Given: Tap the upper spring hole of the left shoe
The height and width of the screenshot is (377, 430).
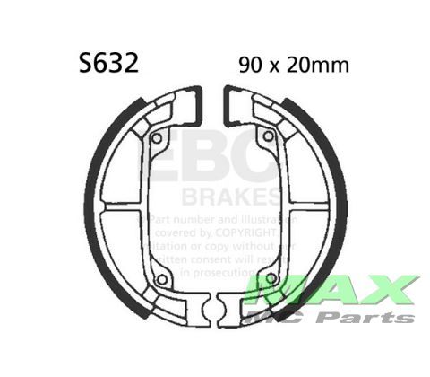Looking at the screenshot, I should coord(158,138).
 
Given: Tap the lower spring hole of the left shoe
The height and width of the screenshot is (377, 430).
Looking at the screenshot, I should coord(160,279).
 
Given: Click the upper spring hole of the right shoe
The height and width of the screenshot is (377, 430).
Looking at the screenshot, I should coord(266,138).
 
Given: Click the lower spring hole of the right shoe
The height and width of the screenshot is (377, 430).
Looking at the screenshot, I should coord(263,279).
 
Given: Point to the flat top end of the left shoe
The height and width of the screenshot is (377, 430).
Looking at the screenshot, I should coord(190,106).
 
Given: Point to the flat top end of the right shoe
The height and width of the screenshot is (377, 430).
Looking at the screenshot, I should coord(235,106).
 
